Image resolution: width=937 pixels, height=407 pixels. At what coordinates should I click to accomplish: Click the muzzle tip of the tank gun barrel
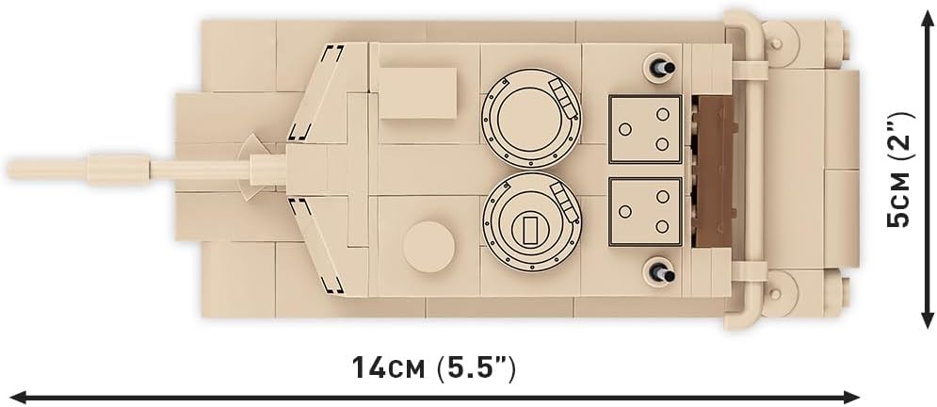click(x=8, y=169)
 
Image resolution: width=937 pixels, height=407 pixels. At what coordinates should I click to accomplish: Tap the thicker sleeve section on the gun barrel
click(x=119, y=169)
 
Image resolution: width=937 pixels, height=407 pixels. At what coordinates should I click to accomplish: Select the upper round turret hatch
click(x=530, y=118)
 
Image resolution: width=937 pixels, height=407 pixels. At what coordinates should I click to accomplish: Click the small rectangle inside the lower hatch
click(x=530, y=230)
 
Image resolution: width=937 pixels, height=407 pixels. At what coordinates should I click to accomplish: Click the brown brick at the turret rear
click(x=716, y=172)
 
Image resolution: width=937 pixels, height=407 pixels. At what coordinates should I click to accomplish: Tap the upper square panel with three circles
click(x=645, y=128)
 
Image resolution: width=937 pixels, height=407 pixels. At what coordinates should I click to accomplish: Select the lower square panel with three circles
click(x=645, y=212)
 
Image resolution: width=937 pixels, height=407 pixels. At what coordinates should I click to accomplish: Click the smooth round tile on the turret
click(x=428, y=247)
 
